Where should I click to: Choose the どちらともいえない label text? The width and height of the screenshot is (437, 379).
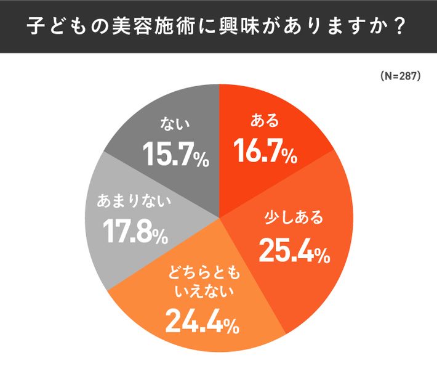[x=201, y=280]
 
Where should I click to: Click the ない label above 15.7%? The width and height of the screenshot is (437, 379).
[x=174, y=124]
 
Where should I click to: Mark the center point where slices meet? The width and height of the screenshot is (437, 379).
[x=220, y=218]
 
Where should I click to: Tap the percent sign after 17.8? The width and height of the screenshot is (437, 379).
[x=159, y=236]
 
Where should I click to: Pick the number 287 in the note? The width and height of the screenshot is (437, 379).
[x=407, y=76]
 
